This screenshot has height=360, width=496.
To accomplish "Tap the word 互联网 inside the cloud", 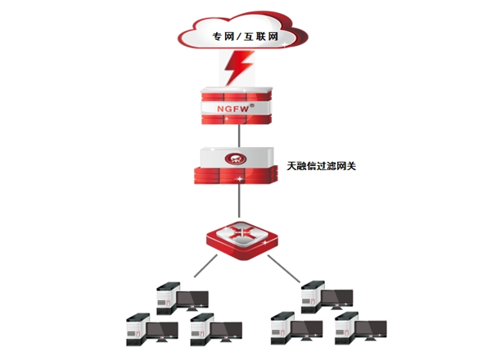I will point(264,36).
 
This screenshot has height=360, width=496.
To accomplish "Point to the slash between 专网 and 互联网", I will point(240,36).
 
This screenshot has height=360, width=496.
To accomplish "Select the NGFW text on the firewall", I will point(232,106).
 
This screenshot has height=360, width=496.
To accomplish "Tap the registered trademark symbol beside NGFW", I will point(252,104).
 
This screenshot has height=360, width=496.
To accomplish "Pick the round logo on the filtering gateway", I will point(237,155).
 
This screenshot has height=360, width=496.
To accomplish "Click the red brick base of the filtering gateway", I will point(237,175).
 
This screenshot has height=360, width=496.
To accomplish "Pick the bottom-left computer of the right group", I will point(295,327).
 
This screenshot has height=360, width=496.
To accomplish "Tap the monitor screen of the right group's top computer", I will point(336,295).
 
